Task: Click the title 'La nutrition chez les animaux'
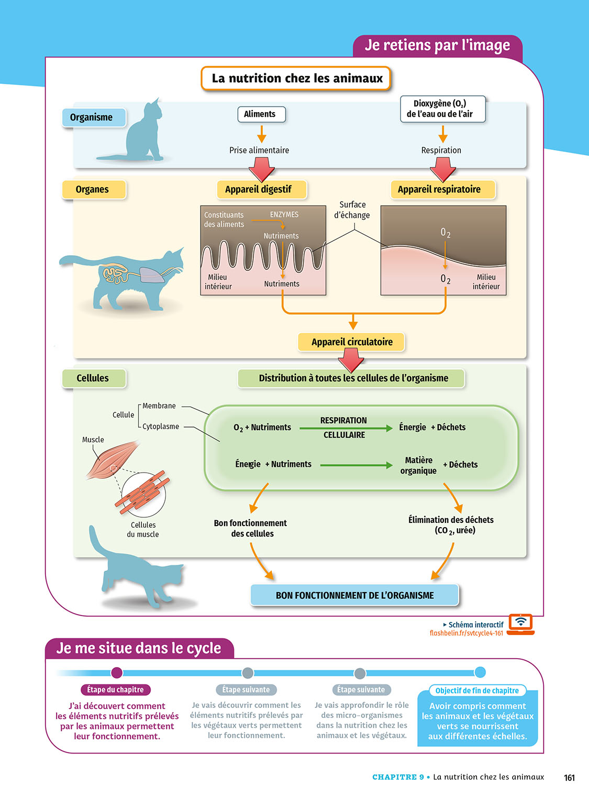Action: [296, 79]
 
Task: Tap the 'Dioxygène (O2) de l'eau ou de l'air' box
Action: [442, 109]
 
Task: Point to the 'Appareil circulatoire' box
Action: [352, 342]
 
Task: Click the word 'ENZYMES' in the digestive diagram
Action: [284, 215]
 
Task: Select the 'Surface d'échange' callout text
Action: [352, 210]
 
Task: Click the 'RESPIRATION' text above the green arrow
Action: [343, 420]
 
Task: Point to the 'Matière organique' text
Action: [418, 465]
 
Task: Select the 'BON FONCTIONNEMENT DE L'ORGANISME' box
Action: [354, 595]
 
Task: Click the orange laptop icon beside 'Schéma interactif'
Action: [520, 624]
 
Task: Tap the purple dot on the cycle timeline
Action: [117, 672]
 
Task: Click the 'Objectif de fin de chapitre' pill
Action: [477, 691]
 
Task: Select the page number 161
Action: [569, 778]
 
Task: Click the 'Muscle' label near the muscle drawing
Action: [93, 440]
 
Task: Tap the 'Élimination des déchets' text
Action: [451, 520]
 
